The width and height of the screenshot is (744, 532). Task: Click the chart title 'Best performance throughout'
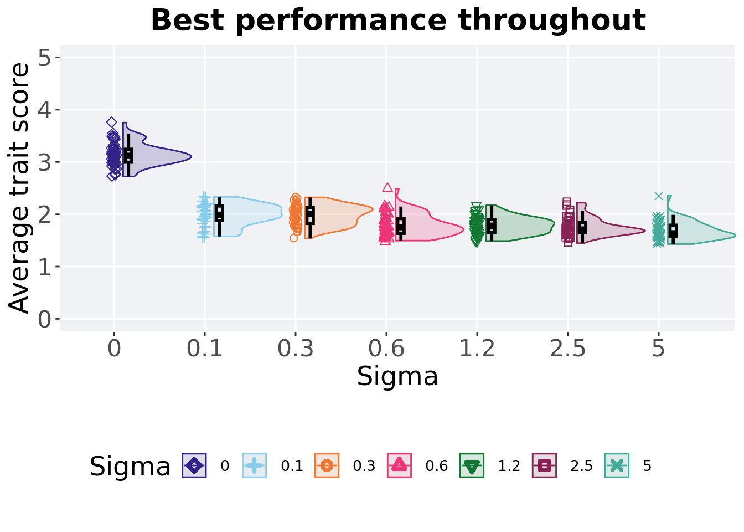pyautogui.click(x=398, y=21)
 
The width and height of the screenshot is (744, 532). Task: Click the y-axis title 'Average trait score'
pyautogui.click(x=20, y=188)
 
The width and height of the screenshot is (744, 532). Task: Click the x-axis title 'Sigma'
pyautogui.click(x=397, y=377)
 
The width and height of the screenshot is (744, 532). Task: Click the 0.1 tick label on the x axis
pyautogui.click(x=205, y=349)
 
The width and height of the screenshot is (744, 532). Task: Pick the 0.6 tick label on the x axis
pyautogui.click(x=386, y=349)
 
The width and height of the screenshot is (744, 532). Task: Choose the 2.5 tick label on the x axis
pyautogui.click(x=567, y=349)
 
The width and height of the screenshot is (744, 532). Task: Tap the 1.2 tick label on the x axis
pyautogui.click(x=477, y=349)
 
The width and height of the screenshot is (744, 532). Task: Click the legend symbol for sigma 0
pyautogui.click(x=194, y=465)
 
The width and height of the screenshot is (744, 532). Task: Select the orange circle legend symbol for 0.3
pyautogui.click(x=327, y=465)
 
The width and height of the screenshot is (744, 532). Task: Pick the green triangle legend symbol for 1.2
pyautogui.click(x=472, y=465)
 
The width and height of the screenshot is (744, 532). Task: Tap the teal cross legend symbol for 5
pyautogui.click(x=617, y=465)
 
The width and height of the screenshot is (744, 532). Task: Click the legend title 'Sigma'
pyautogui.click(x=130, y=467)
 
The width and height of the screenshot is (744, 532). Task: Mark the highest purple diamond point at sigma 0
pyautogui.click(x=111, y=122)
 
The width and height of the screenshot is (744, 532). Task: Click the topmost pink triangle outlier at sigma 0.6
pyautogui.click(x=387, y=187)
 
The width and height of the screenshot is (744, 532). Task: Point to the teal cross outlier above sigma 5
pyautogui.click(x=659, y=196)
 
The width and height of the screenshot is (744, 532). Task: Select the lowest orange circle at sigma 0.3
pyautogui.click(x=294, y=238)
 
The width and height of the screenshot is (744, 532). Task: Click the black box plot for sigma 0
pyautogui.click(x=128, y=155)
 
